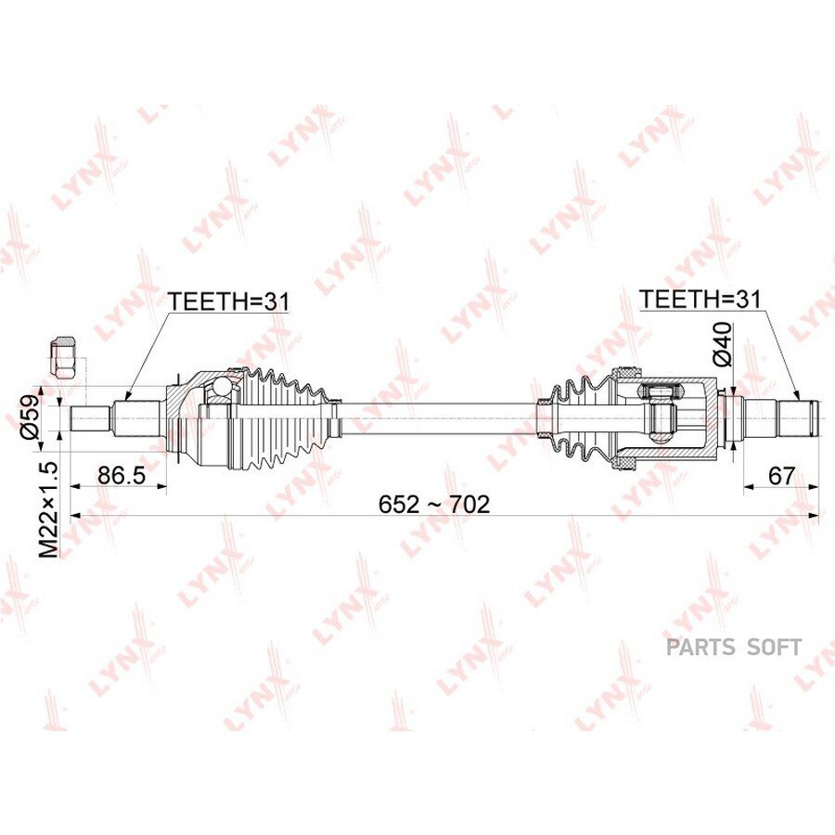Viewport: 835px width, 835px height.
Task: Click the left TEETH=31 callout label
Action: (228, 302)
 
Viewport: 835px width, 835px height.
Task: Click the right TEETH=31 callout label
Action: (700, 299)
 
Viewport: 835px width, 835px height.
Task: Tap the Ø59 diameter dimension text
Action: (31, 417)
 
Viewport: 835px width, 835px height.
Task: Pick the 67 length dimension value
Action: (781, 476)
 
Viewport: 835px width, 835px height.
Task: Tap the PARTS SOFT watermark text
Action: (734, 647)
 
